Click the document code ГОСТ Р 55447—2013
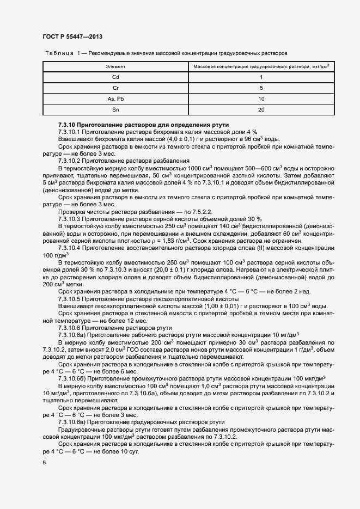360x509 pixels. coord(72,36)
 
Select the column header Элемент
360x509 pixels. coord(115,66)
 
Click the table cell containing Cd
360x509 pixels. coord(115,77)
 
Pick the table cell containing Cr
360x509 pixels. coord(115,88)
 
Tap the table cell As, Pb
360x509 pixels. coord(115,99)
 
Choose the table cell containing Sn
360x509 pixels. coord(115,109)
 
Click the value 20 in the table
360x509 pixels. coord(261,109)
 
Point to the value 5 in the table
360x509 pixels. coord(261,88)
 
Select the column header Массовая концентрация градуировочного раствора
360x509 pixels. coord(261,66)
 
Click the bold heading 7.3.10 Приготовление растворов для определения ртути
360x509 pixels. coord(143,125)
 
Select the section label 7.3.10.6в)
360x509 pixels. coord(73,422)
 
